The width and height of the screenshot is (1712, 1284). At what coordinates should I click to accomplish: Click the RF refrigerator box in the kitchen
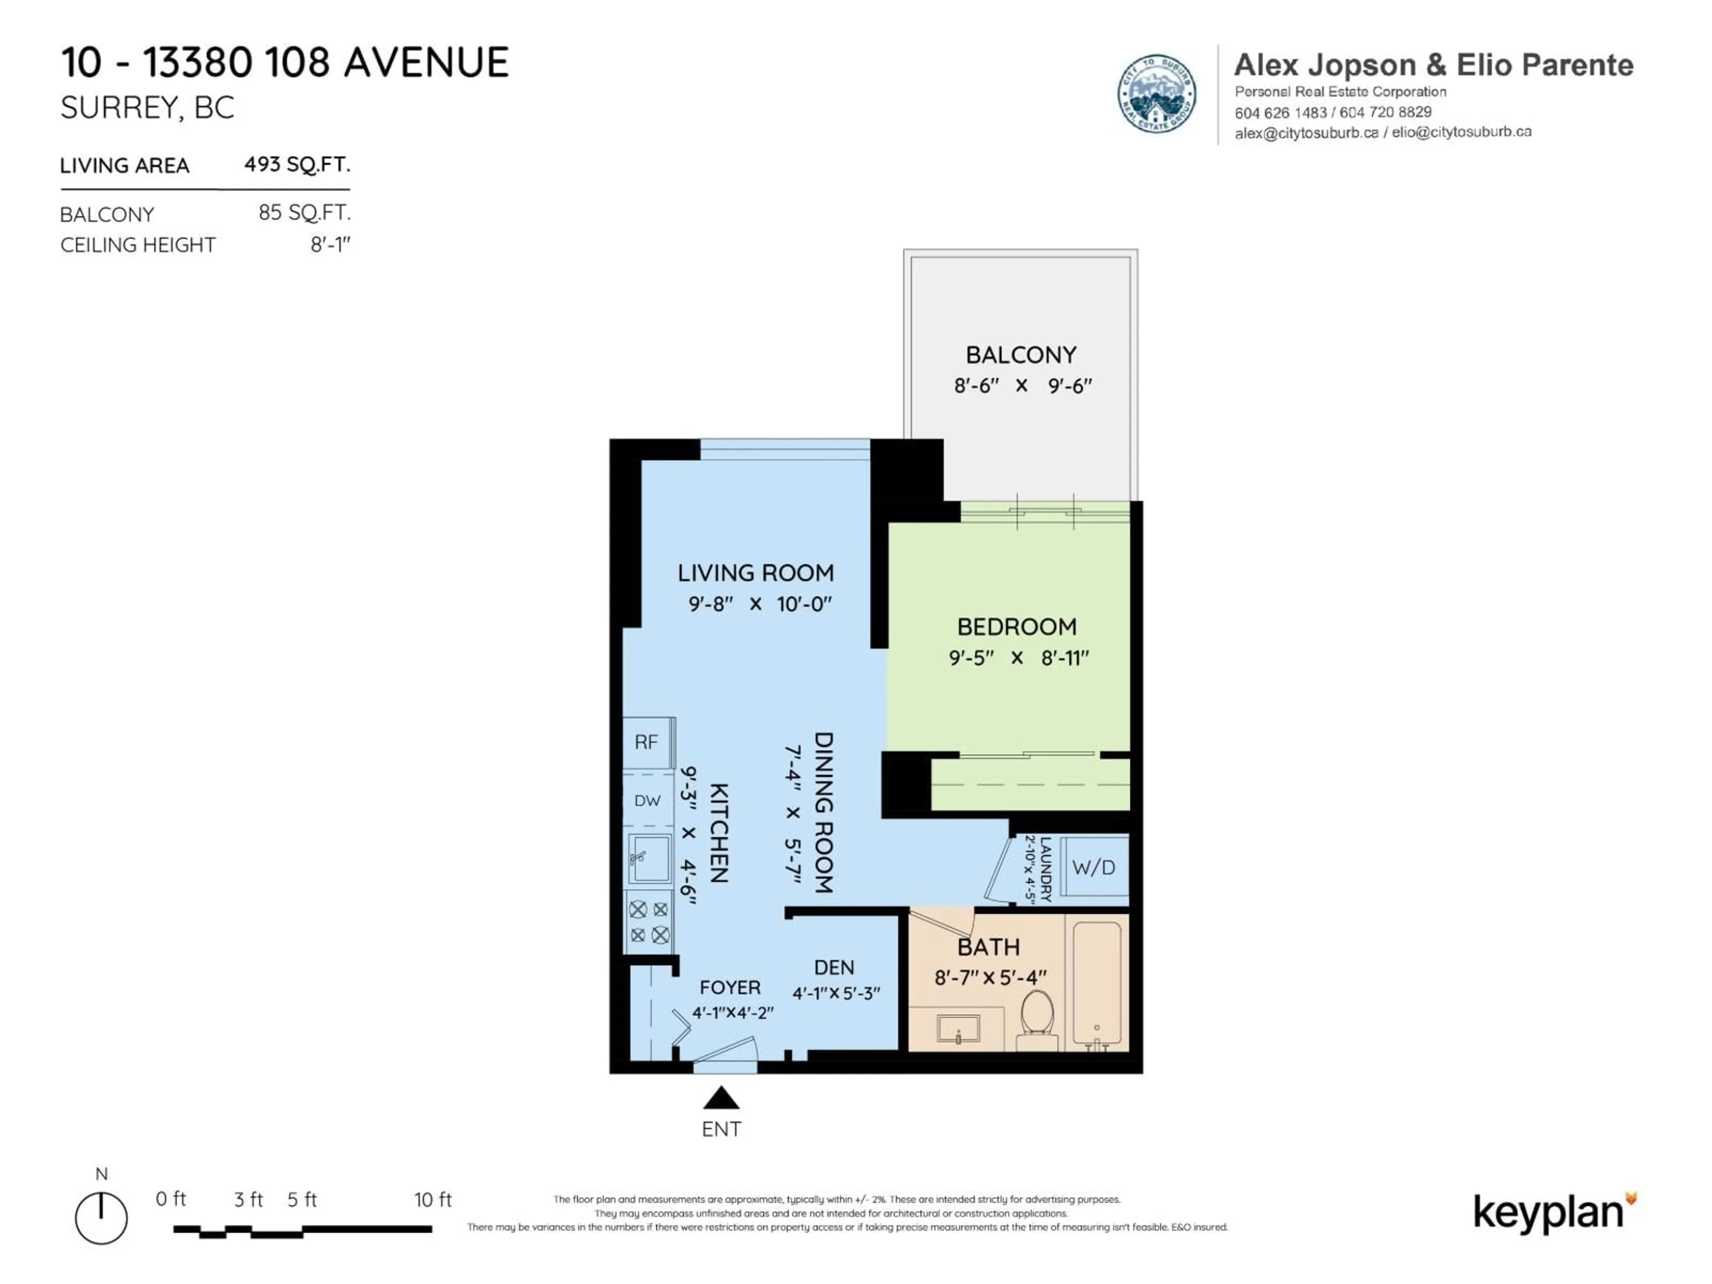click(x=649, y=743)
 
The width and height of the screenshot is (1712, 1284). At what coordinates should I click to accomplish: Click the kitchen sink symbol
click(x=649, y=858)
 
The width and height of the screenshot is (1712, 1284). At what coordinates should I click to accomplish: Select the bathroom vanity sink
click(x=958, y=1029)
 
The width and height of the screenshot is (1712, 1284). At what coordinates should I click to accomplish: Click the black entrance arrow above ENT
click(x=720, y=1098)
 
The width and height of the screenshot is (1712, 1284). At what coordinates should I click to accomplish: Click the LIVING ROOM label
click(x=755, y=573)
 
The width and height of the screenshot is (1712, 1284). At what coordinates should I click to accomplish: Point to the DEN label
click(x=834, y=967)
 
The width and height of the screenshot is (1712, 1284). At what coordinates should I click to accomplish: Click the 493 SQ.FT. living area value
click(x=297, y=164)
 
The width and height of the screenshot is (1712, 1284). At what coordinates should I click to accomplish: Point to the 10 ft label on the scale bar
click(x=432, y=1200)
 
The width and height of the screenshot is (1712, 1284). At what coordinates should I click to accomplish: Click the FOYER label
click(x=730, y=988)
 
